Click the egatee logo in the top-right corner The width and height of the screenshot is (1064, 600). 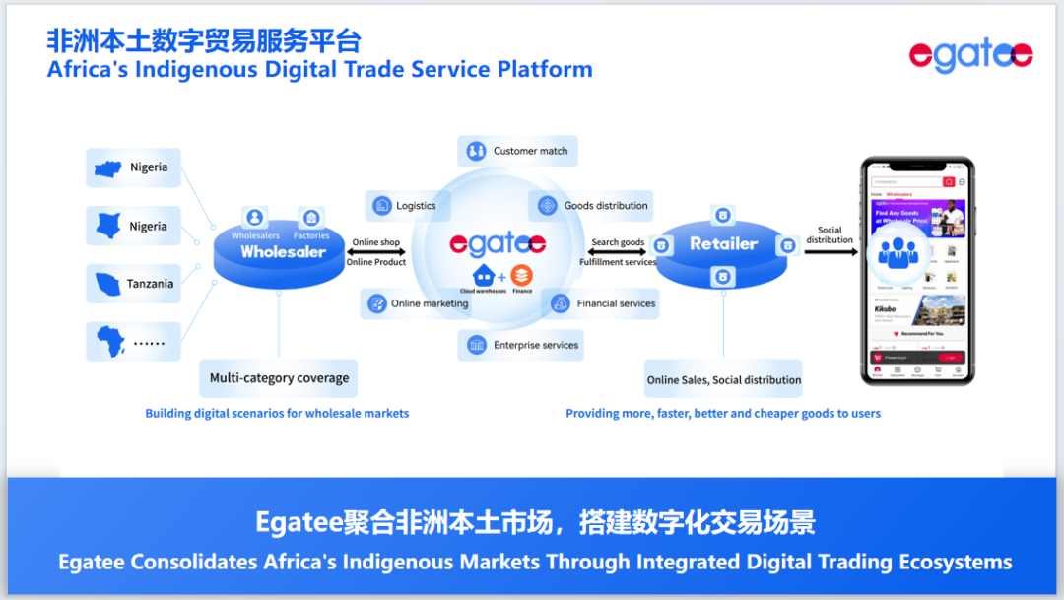[x=970, y=56]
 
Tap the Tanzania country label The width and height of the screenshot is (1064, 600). [x=134, y=284]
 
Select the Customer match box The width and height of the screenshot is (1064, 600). [x=518, y=151]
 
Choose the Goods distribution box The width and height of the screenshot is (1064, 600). [x=591, y=206]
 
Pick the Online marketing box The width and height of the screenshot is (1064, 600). [x=418, y=303]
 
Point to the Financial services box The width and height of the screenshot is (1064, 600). [x=602, y=303]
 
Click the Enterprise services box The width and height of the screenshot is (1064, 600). [x=523, y=345]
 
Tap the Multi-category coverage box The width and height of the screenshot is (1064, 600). [x=279, y=378]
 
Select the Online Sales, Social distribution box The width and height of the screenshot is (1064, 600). [x=724, y=379]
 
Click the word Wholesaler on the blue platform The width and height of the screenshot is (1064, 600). [x=283, y=252]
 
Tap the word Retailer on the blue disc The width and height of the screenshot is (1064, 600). [x=724, y=243]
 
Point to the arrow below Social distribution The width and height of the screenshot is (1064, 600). [x=830, y=252]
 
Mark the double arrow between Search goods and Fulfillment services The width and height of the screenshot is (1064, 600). [x=618, y=252]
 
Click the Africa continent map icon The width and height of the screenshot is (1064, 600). [x=109, y=342]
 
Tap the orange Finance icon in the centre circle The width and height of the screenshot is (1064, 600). [x=521, y=275]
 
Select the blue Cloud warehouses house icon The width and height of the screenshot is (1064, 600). [x=484, y=275]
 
